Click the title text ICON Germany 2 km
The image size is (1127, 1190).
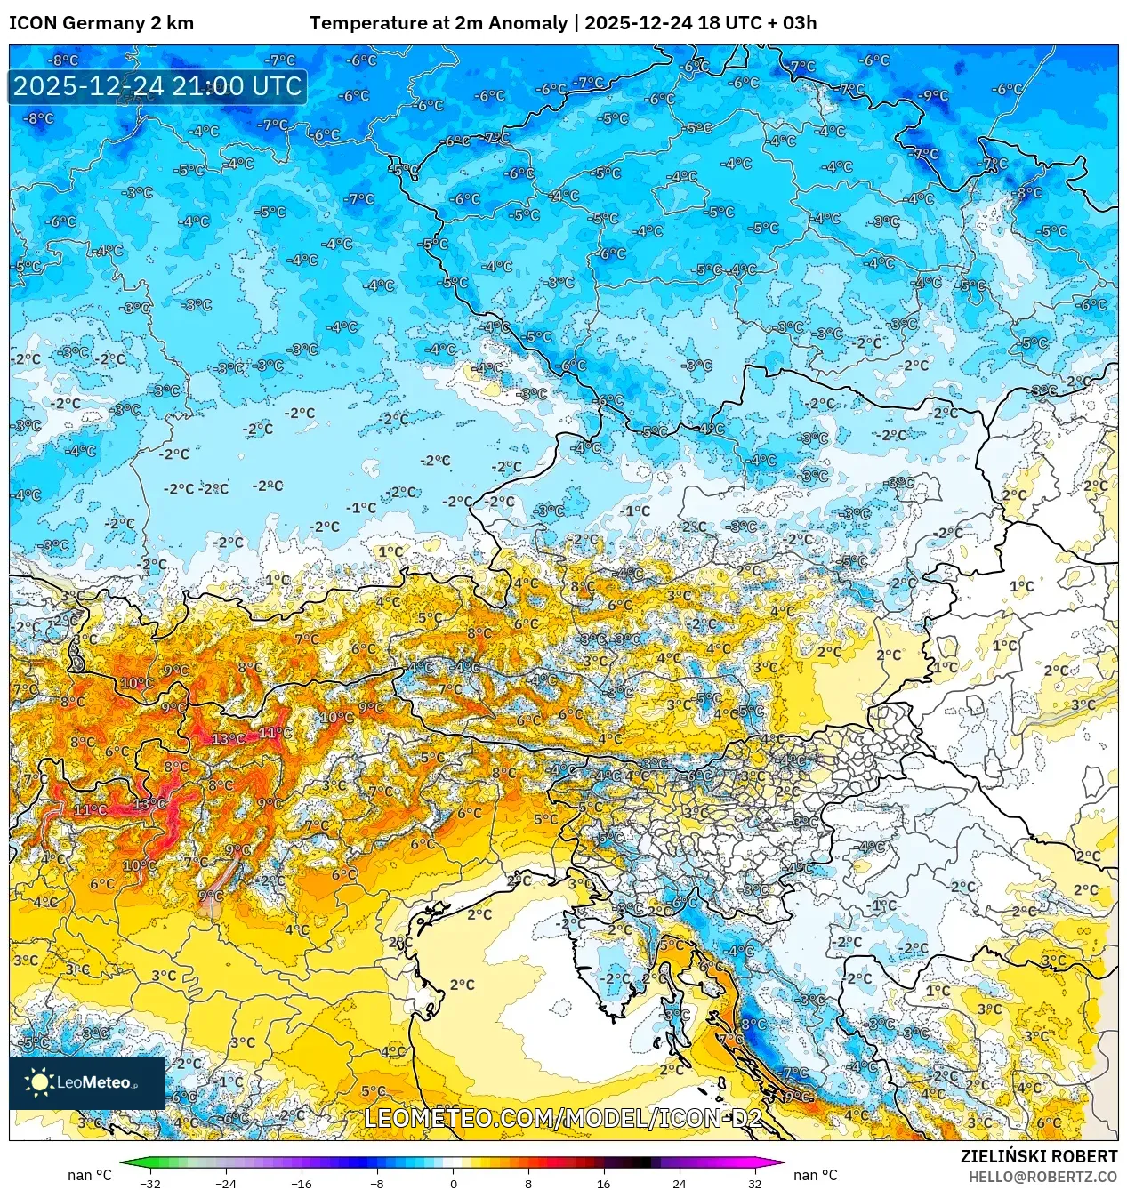[x=101, y=23]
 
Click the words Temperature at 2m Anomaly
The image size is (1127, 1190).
[x=438, y=23]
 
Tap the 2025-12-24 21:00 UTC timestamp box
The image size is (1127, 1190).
[x=157, y=86]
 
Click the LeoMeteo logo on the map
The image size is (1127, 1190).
[x=87, y=1082]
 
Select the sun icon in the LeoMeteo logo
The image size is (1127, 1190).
[x=39, y=1082]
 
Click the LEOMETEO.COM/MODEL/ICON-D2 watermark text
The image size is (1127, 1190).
[x=562, y=1118]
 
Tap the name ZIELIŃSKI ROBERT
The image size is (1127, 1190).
[x=1038, y=1156]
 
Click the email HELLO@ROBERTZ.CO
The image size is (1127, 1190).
[x=1042, y=1177]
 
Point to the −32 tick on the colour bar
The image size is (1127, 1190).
[x=149, y=1183]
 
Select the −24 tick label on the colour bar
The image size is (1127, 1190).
[x=226, y=1183]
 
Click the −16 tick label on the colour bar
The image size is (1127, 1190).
[x=302, y=1183]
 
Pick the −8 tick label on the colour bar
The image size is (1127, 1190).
[x=377, y=1183]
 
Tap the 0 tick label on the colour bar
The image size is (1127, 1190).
[x=453, y=1183]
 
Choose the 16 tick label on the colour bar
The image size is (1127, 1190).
[x=603, y=1183]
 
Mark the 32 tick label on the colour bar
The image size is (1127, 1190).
[x=754, y=1183]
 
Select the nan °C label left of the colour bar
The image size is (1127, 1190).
[x=90, y=1175]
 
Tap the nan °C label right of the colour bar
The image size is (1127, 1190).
[x=815, y=1175]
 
